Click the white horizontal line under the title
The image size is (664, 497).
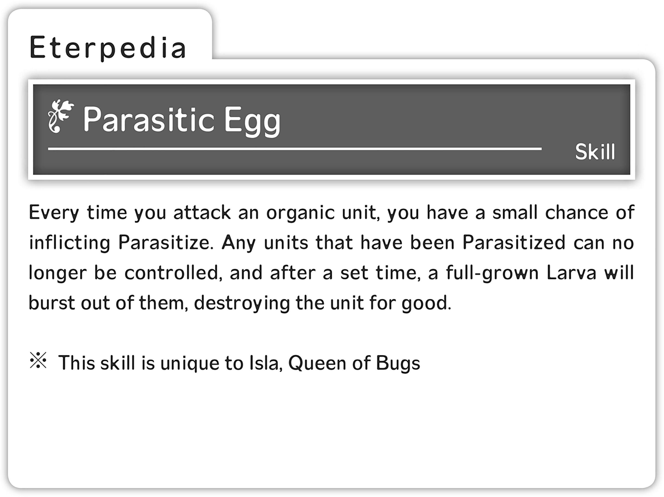[295, 149]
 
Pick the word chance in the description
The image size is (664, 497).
[577, 212]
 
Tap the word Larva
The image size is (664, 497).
[571, 273]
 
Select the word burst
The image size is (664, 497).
[52, 303]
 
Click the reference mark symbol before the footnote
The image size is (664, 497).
[38, 360]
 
